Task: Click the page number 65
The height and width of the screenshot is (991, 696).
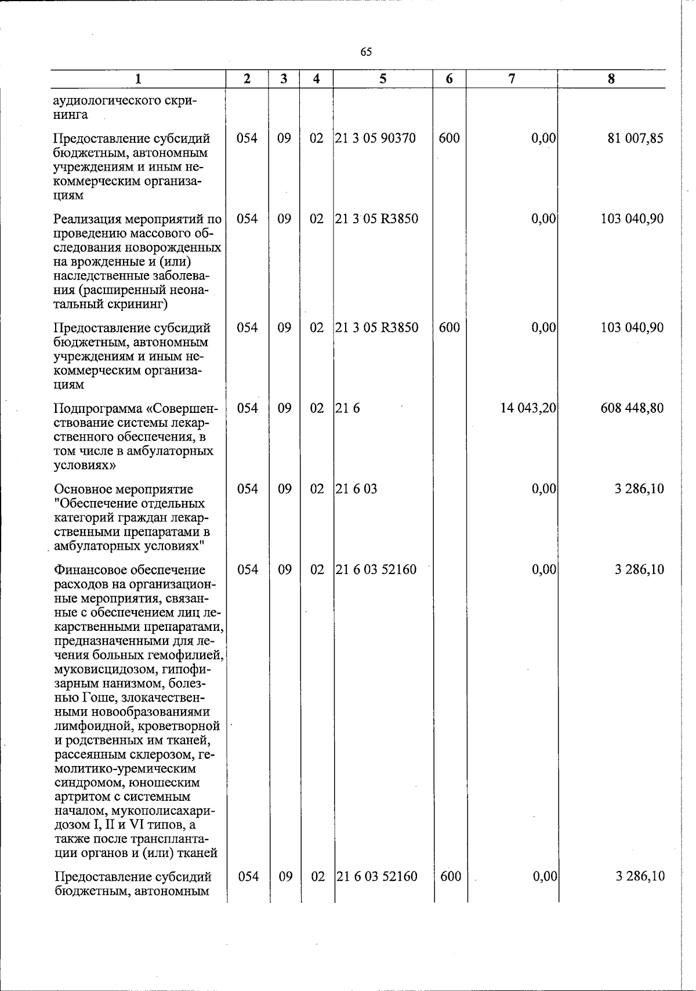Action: (366, 52)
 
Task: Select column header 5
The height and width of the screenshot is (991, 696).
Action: (383, 79)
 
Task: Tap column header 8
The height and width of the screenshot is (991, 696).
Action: (611, 79)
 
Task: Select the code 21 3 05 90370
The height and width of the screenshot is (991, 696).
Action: (376, 139)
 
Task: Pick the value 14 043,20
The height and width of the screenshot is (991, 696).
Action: (528, 408)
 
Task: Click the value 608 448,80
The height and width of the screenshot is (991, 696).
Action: (632, 408)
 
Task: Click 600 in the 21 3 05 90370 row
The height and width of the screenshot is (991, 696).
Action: (449, 139)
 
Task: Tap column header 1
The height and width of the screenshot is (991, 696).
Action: (138, 79)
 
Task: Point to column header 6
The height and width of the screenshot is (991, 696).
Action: (449, 79)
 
